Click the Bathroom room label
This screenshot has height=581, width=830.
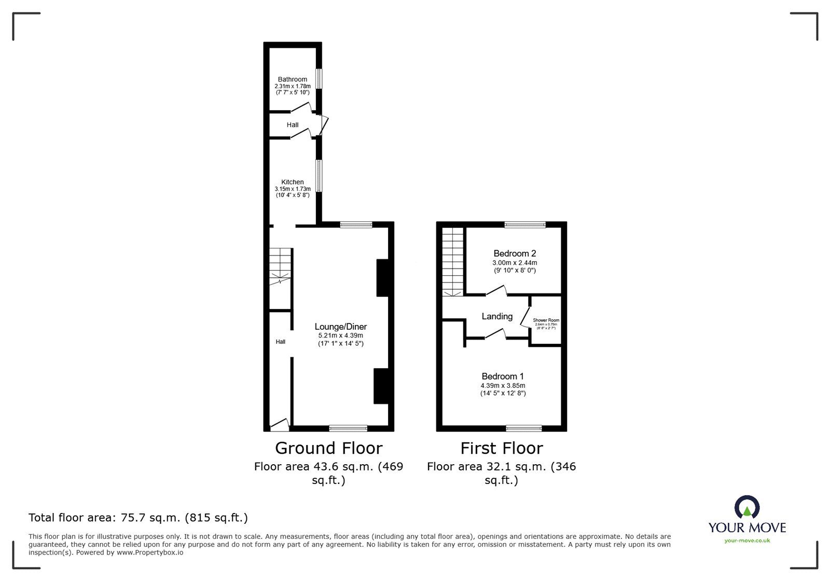pos(292,79)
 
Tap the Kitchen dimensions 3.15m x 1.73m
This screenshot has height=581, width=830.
pos(293,189)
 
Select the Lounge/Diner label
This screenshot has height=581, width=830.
pos(340,327)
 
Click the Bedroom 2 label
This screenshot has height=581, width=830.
pos(515,253)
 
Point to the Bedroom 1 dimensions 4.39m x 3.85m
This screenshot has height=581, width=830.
pos(503,386)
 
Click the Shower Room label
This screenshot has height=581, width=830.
pos(546,320)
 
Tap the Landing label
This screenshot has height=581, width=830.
pos(497,316)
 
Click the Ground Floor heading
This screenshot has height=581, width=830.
pos(328,448)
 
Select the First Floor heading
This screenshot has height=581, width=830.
pos(502,448)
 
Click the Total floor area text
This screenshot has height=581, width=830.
pos(138,518)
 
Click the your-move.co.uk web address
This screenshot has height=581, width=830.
pos(747,541)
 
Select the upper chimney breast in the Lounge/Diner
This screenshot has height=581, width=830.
pos(382,278)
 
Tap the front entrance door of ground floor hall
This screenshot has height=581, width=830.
pos(279,425)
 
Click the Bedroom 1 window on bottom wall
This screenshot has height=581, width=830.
pos(523,428)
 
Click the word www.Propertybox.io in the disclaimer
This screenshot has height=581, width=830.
pos(149,553)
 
